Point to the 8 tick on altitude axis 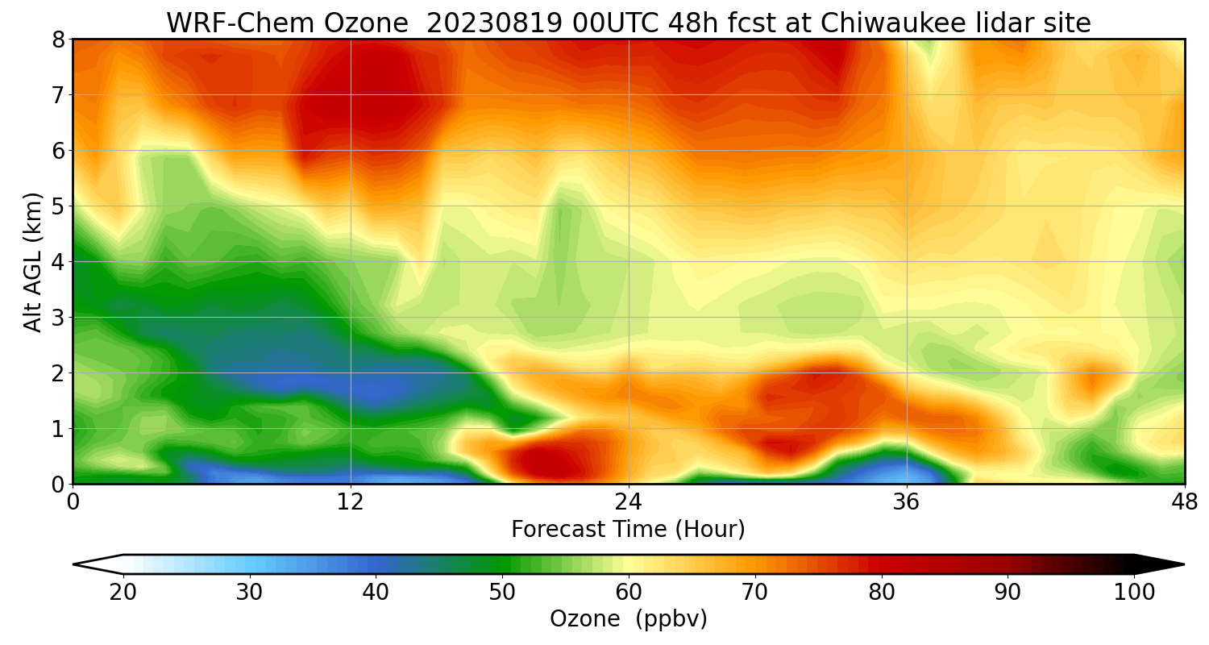pos(58,40)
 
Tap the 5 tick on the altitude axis pos(58,206)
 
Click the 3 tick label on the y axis pos(58,318)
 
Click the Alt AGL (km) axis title pos(33,262)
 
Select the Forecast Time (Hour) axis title pos(628,530)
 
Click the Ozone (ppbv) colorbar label pos(628,619)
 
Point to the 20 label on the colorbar pos(123,593)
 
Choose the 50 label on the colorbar pos(502,593)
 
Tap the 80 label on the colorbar pos(882,593)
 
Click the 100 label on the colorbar pos(1134,593)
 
